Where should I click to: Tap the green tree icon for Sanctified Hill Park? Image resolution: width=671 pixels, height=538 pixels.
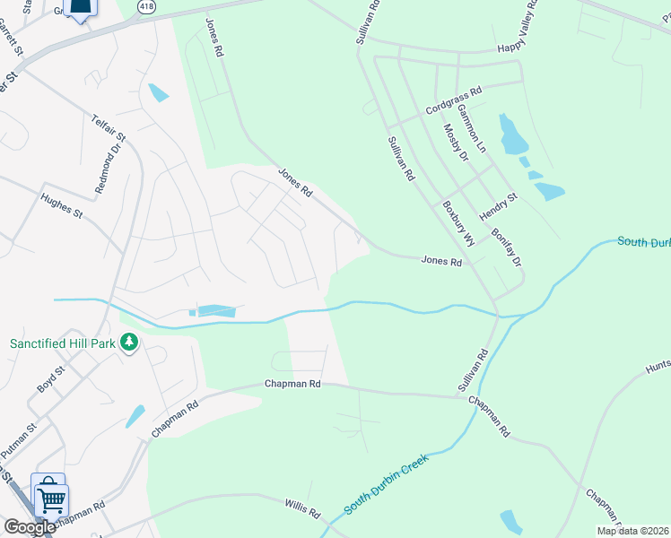[129, 343]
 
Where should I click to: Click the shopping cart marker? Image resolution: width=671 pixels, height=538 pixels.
[51, 498]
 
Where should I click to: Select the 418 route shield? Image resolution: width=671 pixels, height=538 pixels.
[144, 6]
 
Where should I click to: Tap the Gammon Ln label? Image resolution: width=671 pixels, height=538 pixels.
[471, 126]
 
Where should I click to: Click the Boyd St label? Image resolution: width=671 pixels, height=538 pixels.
[51, 379]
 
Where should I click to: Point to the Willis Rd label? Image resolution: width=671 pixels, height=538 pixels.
[302, 510]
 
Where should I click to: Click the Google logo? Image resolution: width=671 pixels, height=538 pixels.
[30, 527]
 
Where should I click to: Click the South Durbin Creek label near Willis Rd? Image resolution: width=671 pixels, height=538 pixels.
[387, 484]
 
